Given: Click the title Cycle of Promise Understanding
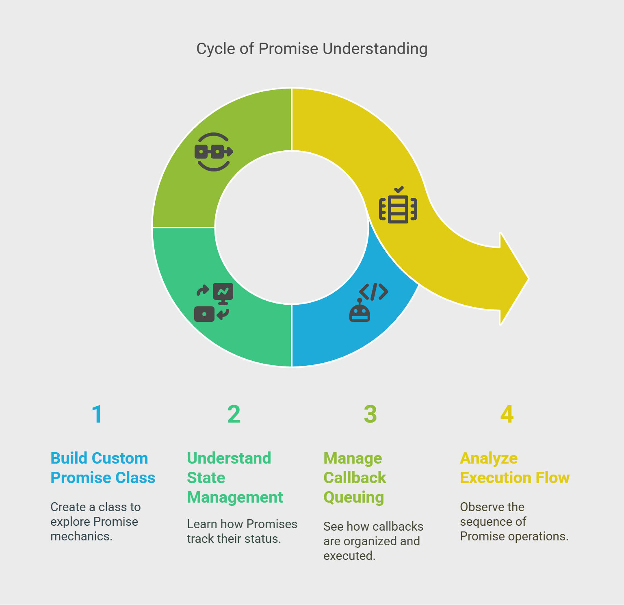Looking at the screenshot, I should (x=312, y=49).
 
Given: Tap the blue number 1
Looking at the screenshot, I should (x=97, y=414).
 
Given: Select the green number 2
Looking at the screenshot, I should (x=234, y=414).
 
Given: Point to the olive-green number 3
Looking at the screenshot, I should (x=370, y=414).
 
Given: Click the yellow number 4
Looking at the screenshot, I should (x=507, y=414).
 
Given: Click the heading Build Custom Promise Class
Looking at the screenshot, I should (x=103, y=468).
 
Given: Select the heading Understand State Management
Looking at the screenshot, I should (x=234, y=477).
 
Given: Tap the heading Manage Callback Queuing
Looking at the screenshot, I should (x=354, y=477).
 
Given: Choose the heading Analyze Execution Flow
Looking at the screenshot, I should (x=514, y=468).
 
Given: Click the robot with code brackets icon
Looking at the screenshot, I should (x=368, y=302).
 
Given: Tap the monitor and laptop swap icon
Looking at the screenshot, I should (x=214, y=302).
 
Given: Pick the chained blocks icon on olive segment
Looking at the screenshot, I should (x=214, y=152).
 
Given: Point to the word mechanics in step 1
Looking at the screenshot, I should (x=81, y=536).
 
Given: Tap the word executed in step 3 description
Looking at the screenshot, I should (x=349, y=556).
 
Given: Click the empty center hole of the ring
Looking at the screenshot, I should (x=291, y=228).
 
